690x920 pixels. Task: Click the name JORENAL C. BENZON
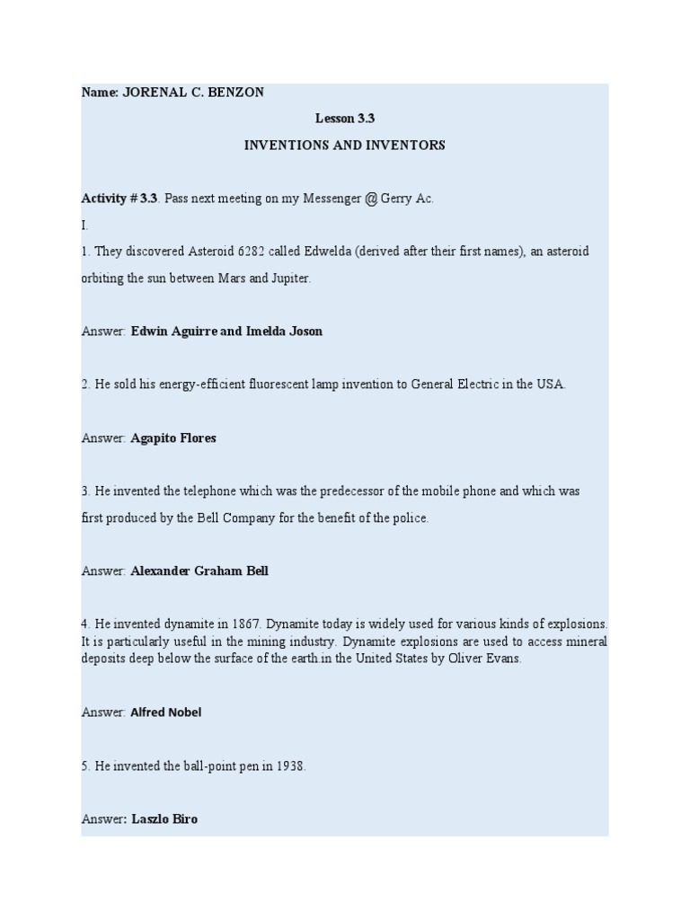coord(193,93)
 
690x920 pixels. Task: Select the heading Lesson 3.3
coord(344,119)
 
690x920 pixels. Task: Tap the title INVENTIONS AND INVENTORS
coord(344,146)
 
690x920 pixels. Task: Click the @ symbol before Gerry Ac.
coord(370,199)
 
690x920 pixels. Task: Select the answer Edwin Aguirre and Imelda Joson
coord(226,332)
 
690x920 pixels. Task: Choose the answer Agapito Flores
coord(173,438)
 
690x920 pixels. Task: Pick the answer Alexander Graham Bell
coord(199,571)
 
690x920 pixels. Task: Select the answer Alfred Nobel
coord(166,712)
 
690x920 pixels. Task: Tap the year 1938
coord(287,766)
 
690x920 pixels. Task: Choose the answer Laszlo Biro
coord(164,819)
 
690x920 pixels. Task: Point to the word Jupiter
coord(288,279)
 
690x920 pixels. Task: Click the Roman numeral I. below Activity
coord(84,226)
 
